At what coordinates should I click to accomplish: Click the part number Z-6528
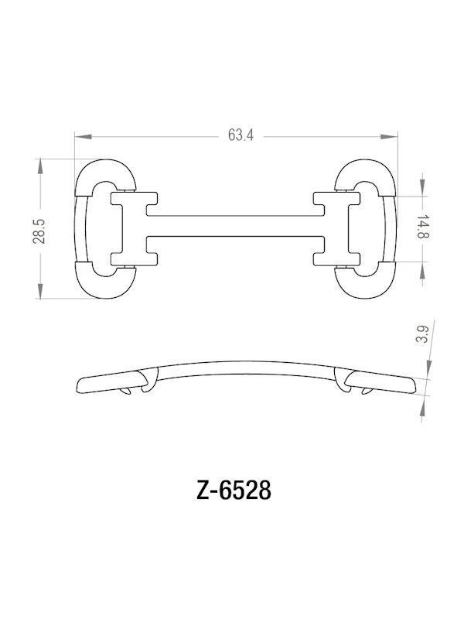point(232,491)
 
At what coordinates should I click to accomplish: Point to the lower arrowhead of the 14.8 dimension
point(421,268)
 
